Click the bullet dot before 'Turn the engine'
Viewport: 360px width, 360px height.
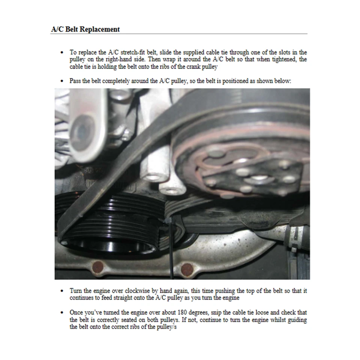click(x=62, y=291)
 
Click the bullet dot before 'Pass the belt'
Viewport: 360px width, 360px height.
click(x=62, y=81)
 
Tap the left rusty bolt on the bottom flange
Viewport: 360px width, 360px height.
click(x=98, y=267)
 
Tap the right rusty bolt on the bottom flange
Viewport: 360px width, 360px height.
click(x=186, y=269)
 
